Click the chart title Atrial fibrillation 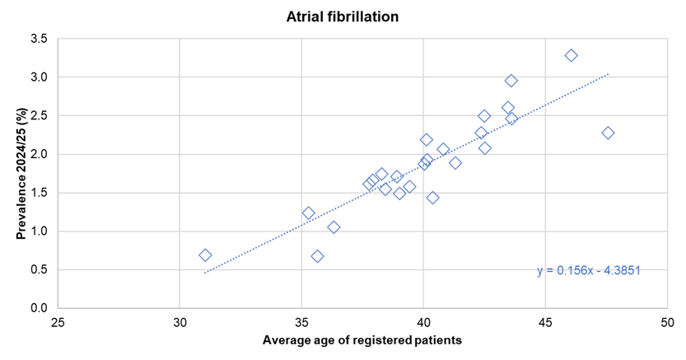click(343, 15)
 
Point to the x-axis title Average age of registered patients click(362, 340)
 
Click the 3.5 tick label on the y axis click(39, 39)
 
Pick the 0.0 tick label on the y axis click(39, 308)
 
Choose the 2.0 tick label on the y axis click(39, 154)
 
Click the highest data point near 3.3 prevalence click(571, 55)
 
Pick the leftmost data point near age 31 click(205, 255)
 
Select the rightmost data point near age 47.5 click(608, 133)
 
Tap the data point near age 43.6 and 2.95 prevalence click(511, 81)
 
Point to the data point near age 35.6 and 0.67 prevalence click(317, 256)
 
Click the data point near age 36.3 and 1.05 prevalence click(334, 227)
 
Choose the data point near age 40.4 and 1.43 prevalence click(432, 198)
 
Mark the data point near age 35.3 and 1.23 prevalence click(309, 213)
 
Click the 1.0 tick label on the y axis click(39, 231)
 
